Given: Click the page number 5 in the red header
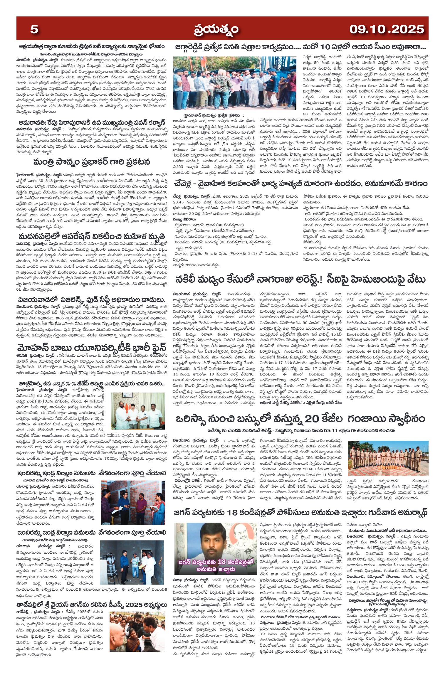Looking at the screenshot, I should [34, 29].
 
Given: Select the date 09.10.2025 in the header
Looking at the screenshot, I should [387, 29].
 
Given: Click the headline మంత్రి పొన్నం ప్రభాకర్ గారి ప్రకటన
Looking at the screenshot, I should [92, 162].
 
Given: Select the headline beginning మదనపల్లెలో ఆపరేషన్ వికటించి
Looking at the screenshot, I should [92, 237].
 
